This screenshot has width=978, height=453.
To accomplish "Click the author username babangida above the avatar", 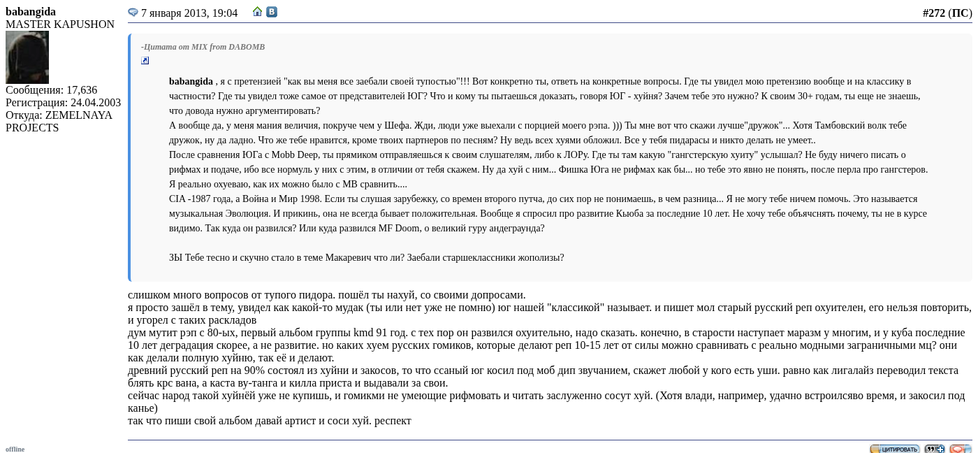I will pyautogui.click(x=31, y=12).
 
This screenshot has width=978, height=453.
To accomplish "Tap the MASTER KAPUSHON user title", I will pyautogui.click(x=60, y=24).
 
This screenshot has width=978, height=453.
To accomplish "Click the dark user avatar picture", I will pyautogui.click(x=27, y=57).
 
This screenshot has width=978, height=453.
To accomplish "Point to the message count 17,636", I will pyautogui.click(x=82, y=90).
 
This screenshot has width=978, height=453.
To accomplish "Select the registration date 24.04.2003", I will pyautogui.click(x=96, y=103).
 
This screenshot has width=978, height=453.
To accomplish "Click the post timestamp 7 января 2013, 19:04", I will pyautogui.click(x=189, y=13).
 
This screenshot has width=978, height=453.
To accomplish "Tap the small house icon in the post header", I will pyautogui.click(x=258, y=12).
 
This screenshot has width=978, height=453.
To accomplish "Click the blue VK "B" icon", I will pyautogui.click(x=272, y=12).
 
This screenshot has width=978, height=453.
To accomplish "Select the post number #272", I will pyautogui.click(x=933, y=13).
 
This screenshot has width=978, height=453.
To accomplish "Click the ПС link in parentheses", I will pyautogui.click(x=960, y=13).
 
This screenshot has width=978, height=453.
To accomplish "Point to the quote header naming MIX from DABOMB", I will pyautogui.click(x=203, y=47).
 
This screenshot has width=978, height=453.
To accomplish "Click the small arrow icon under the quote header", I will pyautogui.click(x=145, y=61).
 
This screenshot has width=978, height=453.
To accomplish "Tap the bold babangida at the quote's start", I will pyautogui.click(x=191, y=82).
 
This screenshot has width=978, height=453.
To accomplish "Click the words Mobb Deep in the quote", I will pyautogui.click(x=293, y=155).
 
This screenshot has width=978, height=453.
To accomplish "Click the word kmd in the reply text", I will pyautogui.click(x=363, y=333).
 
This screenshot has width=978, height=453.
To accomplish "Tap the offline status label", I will pyautogui.click(x=15, y=449).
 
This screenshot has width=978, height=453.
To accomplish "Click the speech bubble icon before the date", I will pyautogui.click(x=133, y=13).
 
